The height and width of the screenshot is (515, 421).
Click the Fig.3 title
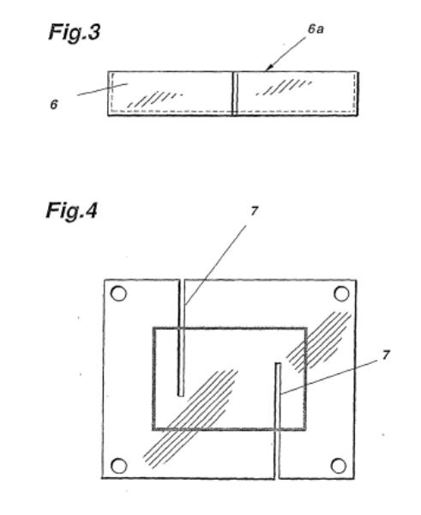tap(74, 33)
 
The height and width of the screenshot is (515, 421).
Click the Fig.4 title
tap(72, 210)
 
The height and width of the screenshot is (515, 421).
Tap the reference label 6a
tap(316, 29)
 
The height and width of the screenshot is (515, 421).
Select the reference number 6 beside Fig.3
tap(54, 105)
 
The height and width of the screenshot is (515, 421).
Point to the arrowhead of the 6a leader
tap(268, 69)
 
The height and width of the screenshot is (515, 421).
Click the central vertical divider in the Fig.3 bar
tap(234, 94)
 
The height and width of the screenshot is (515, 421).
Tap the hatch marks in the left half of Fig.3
tap(154, 100)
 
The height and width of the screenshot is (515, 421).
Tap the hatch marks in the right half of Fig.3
tap(284, 87)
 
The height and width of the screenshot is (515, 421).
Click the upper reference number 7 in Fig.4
tap(254, 211)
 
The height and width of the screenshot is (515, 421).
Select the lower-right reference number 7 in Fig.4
tap(386, 355)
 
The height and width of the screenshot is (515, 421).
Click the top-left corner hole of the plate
tap(118, 294)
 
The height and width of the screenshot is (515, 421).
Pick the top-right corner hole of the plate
tap(341, 294)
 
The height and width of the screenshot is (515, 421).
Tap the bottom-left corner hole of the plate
tap(118, 466)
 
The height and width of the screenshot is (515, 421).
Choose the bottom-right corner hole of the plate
tap(339, 466)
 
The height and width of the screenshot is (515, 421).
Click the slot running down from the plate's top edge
tap(181, 337)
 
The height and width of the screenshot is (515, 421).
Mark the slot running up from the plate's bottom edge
tap(278, 421)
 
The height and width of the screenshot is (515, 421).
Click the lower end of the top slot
tap(181, 396)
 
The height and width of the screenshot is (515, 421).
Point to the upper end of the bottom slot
tap(278, 363)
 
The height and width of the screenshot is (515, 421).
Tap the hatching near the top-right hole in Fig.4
tap(319, 342)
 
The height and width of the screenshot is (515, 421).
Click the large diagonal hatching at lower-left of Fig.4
tap(190, 419)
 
